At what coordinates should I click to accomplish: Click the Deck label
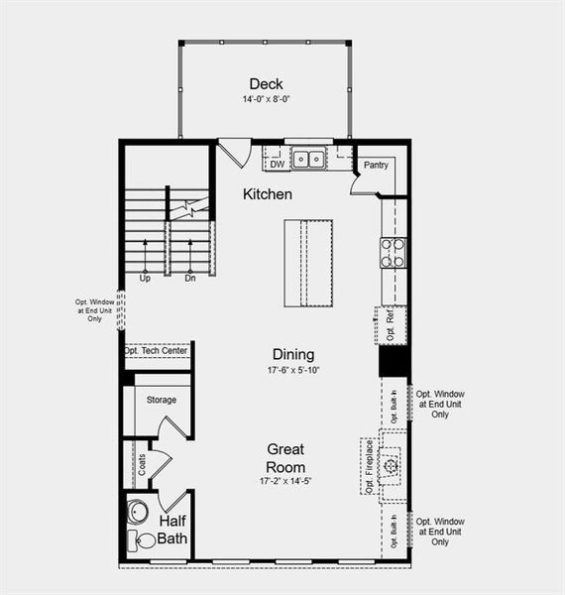coord(267,84)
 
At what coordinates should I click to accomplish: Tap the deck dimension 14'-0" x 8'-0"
coord(267,100)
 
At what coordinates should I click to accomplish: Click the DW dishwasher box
coord(277,165)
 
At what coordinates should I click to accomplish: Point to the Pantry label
coord(375,165)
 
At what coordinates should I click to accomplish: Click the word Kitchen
coord(268,194)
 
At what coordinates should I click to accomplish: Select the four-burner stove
coord(394,253)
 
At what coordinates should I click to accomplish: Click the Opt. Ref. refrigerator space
coord(392,325)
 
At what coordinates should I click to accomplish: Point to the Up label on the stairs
coord(145,279)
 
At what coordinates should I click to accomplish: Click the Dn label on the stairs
coord(189,279)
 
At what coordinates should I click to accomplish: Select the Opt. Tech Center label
coord(156,351)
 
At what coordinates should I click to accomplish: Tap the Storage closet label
coord(161,400)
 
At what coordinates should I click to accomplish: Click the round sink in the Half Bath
coord(137,513)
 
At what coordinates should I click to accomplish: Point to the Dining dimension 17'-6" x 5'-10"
coord(292,370)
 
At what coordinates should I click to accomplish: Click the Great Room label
coord(284,458)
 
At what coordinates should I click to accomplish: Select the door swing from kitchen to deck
coord(234,153)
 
